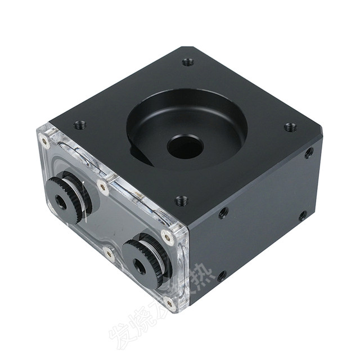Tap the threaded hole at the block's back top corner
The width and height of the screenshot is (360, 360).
pos(188,62)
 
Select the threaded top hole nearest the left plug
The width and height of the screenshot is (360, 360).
pos(79,125)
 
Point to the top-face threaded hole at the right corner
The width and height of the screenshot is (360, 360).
pos(290,127)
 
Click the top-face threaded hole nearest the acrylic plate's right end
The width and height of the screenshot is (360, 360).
pos(181,200)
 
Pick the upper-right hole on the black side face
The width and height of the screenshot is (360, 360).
pos(309,152)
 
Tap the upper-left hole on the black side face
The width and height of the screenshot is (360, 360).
pos(223,213)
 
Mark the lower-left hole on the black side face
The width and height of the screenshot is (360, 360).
pos(222,276)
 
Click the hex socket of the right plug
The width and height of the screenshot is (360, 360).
pos(138,267)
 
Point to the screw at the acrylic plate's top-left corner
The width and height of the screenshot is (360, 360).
pos(44,138)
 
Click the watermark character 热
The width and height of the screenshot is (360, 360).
pos(200,276)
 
